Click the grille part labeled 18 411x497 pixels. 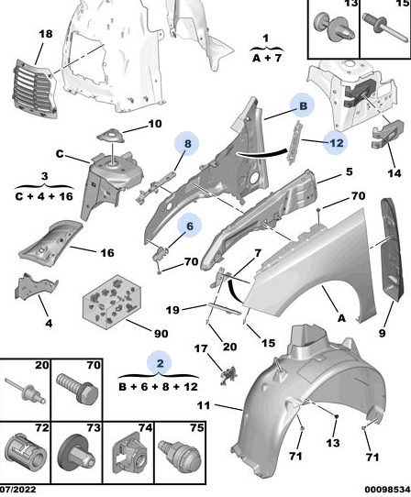point(35,91)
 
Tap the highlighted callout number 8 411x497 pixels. point(187,144)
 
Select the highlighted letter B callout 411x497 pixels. point(303,105)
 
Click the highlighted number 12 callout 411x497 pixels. point(336,143)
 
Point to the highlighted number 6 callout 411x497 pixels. point(190,226)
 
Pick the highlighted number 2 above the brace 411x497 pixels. point(160,363)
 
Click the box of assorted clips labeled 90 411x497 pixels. point(112,301)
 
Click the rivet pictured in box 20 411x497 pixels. point(25,392)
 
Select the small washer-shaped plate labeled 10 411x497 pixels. point(110,137)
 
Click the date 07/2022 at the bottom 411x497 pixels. point(18,490)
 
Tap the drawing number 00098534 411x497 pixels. point(387,490)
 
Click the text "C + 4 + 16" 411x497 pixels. point(44,196)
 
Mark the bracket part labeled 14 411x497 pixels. point(388,134)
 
